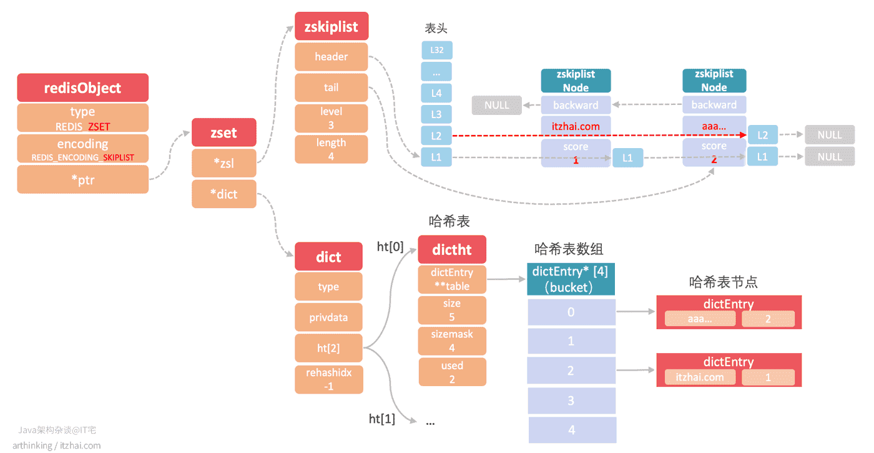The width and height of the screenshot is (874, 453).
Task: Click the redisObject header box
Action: pos(82,88)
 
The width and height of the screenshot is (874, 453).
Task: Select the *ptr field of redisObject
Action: pos(82,180)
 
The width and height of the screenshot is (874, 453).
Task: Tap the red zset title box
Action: pos(224,132)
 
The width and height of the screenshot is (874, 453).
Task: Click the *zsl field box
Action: pos(224,163)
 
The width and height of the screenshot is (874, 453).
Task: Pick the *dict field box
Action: pos(224,194)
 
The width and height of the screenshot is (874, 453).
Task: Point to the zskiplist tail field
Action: pos(331,87)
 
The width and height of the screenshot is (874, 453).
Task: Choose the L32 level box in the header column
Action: pos(436,50)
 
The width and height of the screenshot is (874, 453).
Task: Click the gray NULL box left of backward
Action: pos(497,105)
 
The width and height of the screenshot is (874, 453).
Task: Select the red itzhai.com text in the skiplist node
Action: pos(576,126)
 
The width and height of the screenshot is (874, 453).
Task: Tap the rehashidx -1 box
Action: pos(329,379)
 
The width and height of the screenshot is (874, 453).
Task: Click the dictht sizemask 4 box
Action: pos(452,341)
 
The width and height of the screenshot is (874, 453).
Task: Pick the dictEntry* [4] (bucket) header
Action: pos(571,279)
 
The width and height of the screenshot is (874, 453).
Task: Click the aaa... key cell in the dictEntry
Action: pos(700,319)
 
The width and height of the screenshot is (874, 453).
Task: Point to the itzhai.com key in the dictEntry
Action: pos(700,377)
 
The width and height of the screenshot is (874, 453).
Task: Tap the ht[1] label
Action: pos(382,419)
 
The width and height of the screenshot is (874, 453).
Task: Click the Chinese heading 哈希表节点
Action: pos(723,282)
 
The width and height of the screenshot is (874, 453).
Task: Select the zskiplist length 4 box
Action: pos(331,149)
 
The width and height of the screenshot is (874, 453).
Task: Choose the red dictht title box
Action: pos(452,249)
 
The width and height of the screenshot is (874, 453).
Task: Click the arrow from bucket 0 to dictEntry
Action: pos(636,312)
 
